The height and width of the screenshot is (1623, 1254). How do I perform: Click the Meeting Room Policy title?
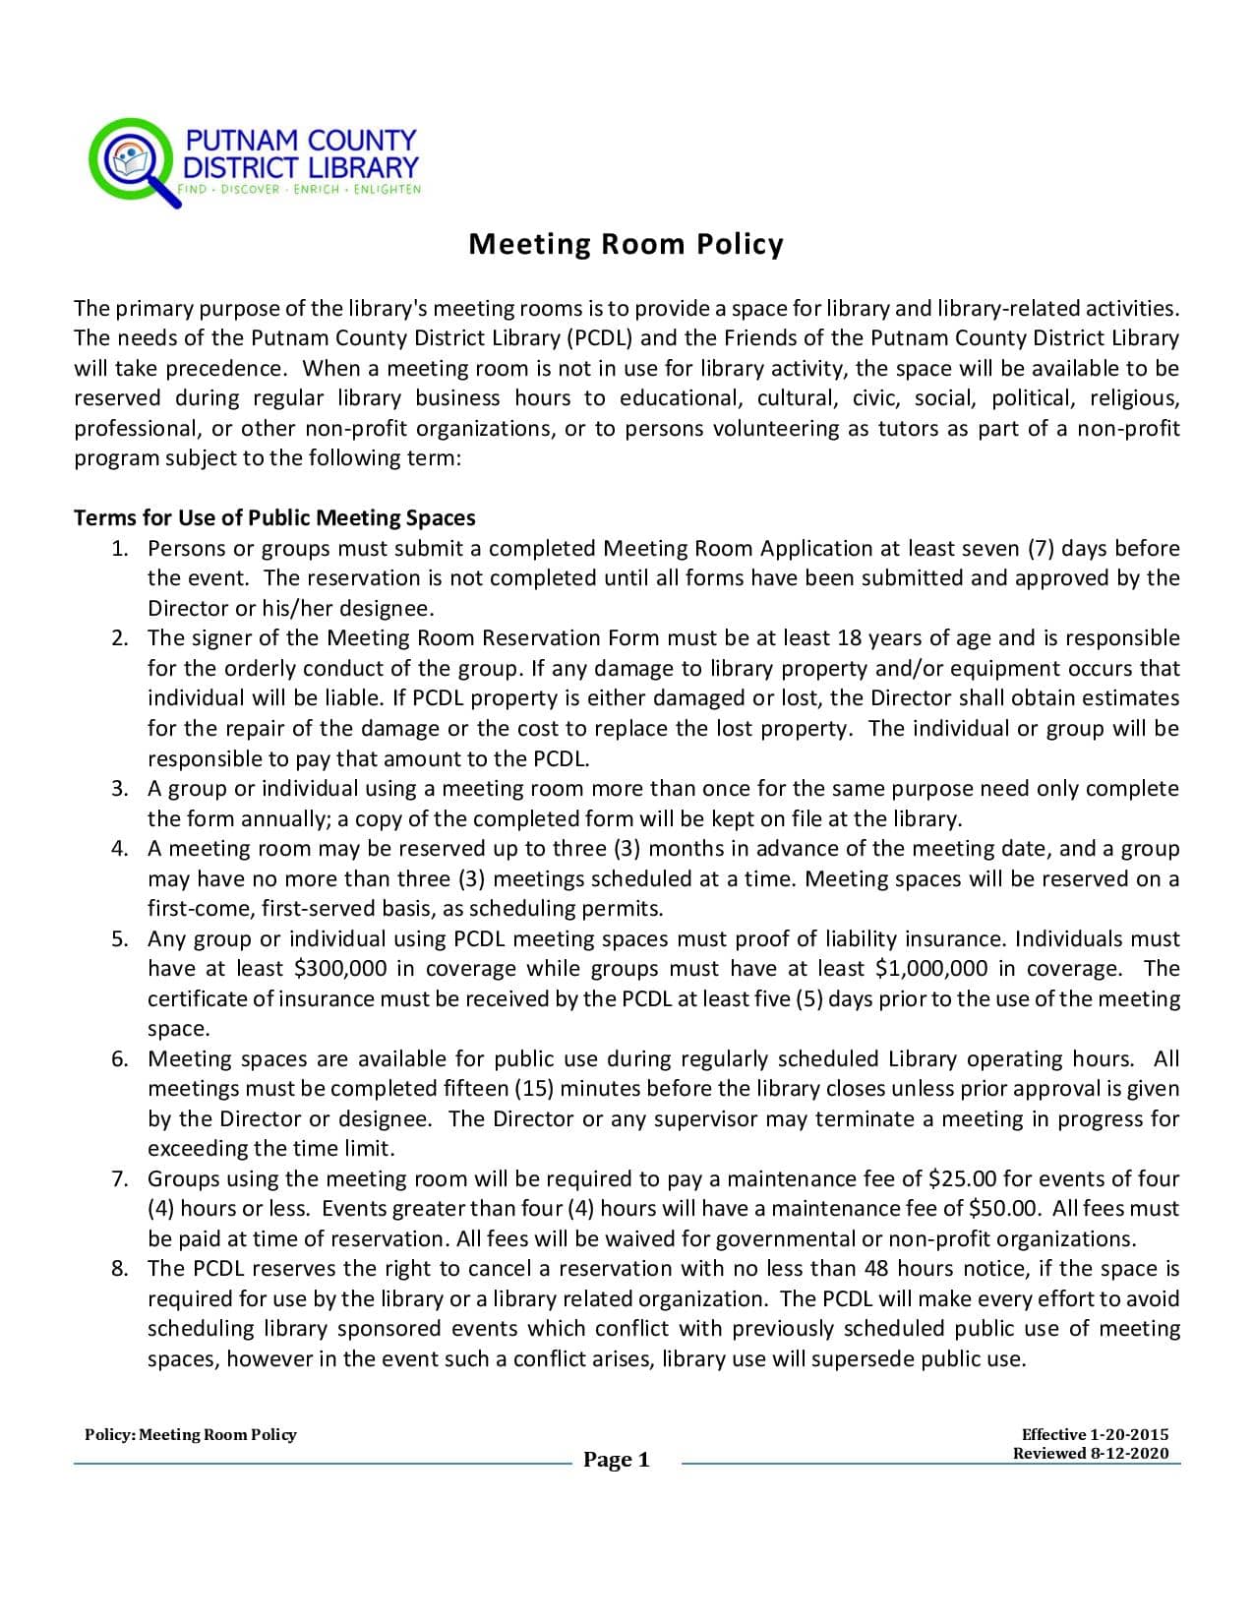[626, 244]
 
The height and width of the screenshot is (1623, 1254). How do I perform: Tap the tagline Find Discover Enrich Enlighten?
[299, 189]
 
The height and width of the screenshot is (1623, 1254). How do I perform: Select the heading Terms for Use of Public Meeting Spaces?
[274, 518]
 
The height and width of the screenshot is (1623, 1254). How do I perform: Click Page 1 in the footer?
[616, 1460]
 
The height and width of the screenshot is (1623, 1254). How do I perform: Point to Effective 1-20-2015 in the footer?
[1095, 1435]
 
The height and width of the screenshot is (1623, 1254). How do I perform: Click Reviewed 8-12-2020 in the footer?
[1091, 1454]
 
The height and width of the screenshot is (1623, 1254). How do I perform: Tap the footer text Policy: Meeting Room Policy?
[190, 1435]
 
